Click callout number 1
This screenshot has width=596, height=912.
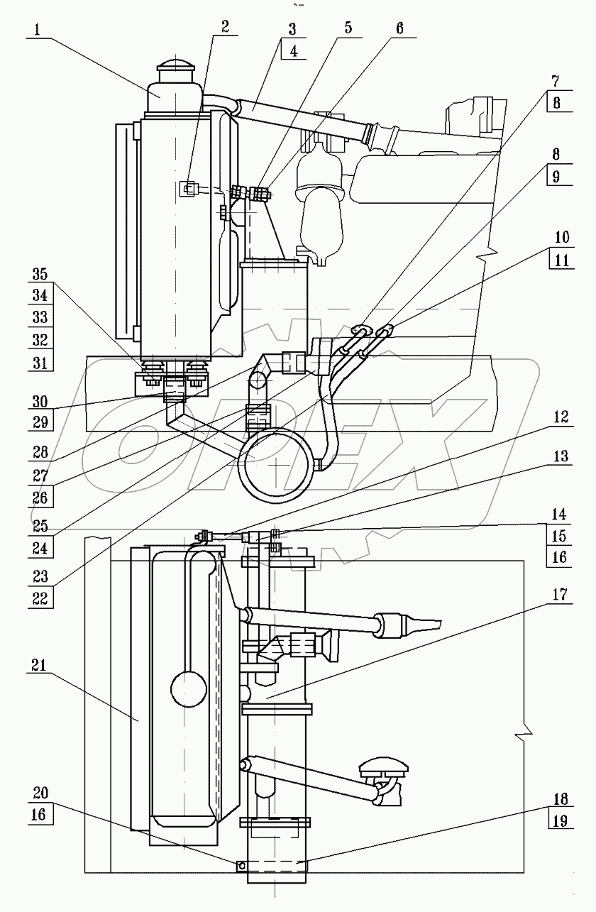click(37, 30)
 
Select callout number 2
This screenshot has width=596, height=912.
click(225, 27)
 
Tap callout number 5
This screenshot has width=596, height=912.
click(348, 28)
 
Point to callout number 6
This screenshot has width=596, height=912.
click(399, 28)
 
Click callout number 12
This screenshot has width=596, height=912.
click(561, 417)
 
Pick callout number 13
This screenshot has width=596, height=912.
click(561, 456)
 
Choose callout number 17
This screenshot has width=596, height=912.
click(561, 595)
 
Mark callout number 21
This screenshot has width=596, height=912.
click(40, 666)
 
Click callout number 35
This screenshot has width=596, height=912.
click(40, 274)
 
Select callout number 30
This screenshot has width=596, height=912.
click(40, 402)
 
